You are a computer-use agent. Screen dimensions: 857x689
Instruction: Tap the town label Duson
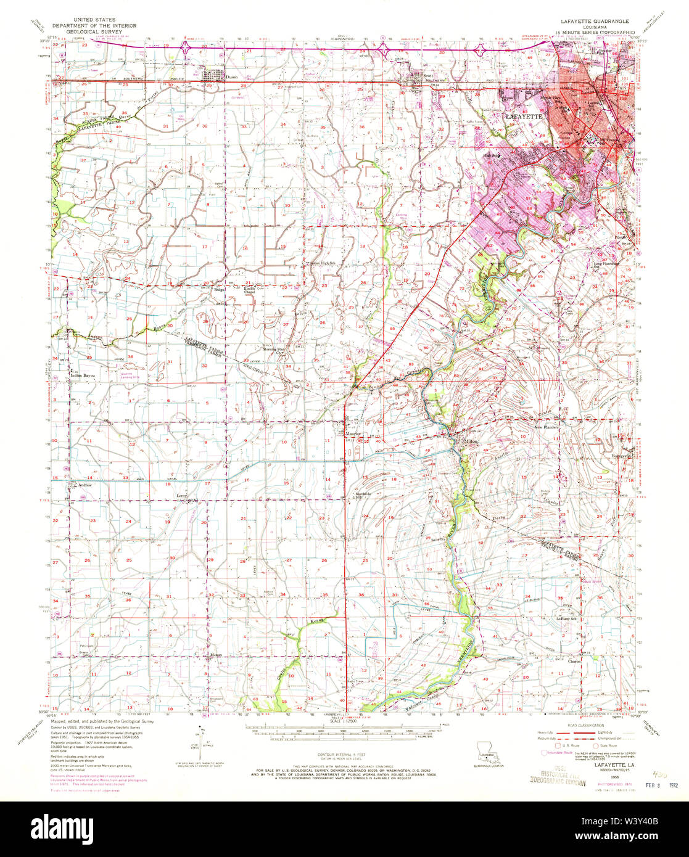point(232,77)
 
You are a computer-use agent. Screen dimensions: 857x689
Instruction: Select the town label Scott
point(428,76)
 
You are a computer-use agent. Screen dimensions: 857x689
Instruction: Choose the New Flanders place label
point(547,427)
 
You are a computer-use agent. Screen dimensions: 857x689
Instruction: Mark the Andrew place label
point(85,485)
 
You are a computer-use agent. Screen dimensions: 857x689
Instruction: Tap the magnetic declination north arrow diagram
point(199,743)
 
